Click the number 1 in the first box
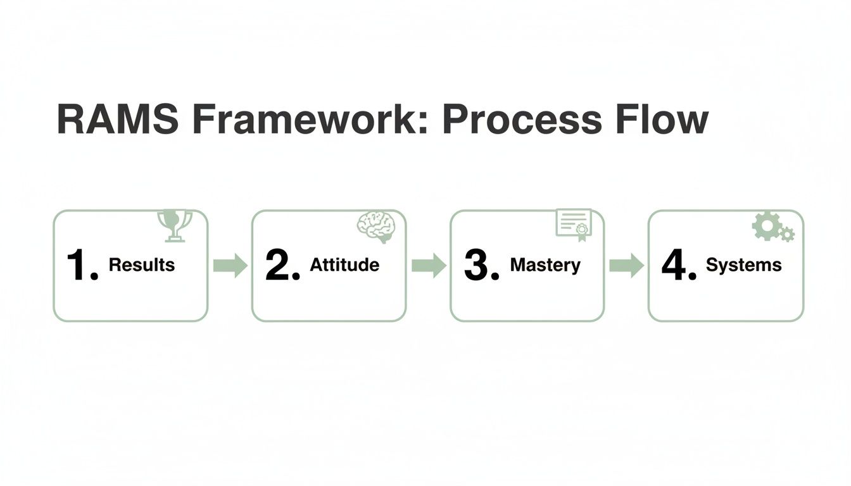(79, 265)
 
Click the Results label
(142, 265)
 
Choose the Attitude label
(344, 265)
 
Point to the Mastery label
(545, 265)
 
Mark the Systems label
(743, 265)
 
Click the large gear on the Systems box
(765, 226)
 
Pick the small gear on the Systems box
(787, 235)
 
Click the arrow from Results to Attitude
(230, 265)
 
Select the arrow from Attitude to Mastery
(429, 265)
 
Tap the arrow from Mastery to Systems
(626, 265)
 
